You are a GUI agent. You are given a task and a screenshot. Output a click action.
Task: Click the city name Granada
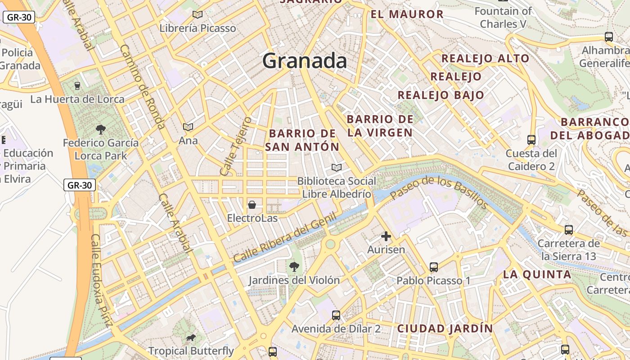(305, 60)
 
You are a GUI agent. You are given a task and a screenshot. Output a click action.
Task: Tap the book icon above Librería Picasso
(197, 14)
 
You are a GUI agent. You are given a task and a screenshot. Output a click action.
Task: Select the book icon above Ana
(188, 127)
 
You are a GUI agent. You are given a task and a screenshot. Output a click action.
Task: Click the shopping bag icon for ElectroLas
(252, 205)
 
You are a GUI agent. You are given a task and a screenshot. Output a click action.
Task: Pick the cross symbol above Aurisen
(386, 236)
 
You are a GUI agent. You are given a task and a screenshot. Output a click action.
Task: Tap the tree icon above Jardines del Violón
(294, 267)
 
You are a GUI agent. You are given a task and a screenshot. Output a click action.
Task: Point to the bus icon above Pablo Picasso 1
(433, 267)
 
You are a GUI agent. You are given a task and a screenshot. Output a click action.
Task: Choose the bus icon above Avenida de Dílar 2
(336, 315)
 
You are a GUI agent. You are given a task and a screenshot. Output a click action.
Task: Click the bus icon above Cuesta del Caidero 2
(531, 140)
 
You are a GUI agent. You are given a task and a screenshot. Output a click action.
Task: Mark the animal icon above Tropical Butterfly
(191, 337)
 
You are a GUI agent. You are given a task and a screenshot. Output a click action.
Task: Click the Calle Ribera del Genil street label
(285, 238)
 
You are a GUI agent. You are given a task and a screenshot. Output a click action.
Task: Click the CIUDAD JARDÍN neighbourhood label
(445, 328)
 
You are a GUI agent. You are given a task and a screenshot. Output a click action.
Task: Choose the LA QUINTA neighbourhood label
(537, 274)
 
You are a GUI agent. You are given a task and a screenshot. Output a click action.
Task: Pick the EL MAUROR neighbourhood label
(407, 14)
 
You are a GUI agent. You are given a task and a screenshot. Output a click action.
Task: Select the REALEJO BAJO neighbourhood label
(441, 95)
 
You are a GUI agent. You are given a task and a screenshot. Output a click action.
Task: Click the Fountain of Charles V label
(503, 18)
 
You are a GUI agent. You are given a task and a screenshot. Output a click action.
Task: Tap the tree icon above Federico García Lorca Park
(101, 130)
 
